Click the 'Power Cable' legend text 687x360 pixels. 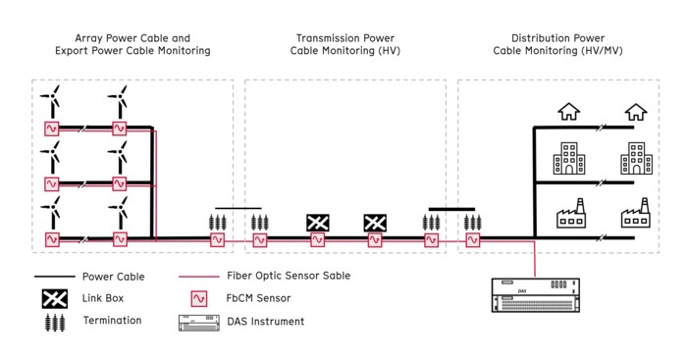(x=113, y=277)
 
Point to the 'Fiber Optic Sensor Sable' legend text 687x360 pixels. (x=289, y=277)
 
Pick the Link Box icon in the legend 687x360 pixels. (x=54, y=298)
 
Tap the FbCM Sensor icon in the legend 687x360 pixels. (x=202, y=298)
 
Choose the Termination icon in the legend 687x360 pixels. (x=54, y=321)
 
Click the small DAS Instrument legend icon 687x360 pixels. (x=201, y=321)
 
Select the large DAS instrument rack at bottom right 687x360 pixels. (x=536, y=295)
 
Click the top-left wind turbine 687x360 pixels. (x=51, y=102)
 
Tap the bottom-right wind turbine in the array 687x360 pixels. (x=118, y=213)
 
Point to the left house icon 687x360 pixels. (x=568, y=112)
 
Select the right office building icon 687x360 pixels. (x=636, y=159)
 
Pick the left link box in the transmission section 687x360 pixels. (x=318, y=223)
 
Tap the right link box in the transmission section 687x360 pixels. (x=375, y=223)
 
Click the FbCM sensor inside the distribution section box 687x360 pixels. (x=472, y=238)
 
